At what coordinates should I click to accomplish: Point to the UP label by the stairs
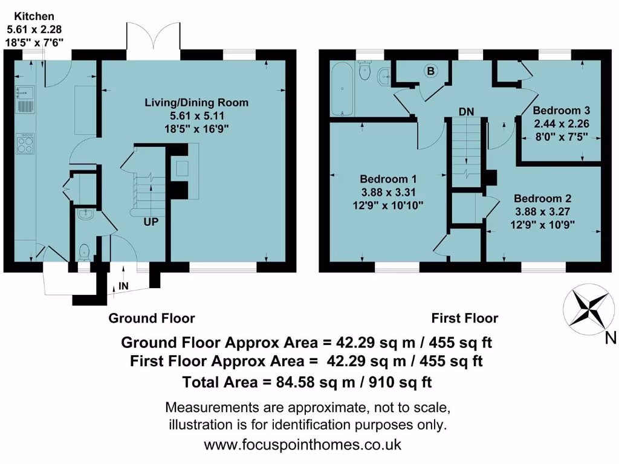coord(151,222)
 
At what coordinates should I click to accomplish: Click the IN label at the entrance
coord(123,285)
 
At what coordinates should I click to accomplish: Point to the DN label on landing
coord(466,111)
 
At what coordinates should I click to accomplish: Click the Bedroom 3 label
coord(561,111)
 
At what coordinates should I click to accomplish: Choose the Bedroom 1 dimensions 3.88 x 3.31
coord(388,193)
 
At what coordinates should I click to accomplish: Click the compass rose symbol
coord(585,307)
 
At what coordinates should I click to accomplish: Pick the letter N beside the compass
coord(611,339)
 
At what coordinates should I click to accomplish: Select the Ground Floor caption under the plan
coord(152,318)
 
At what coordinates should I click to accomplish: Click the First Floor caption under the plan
coord(464,318)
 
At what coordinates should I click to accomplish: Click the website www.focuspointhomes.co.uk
coord(302,445)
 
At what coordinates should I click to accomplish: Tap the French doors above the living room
coord(154,41)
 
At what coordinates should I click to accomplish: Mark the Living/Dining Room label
coord(196,102)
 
